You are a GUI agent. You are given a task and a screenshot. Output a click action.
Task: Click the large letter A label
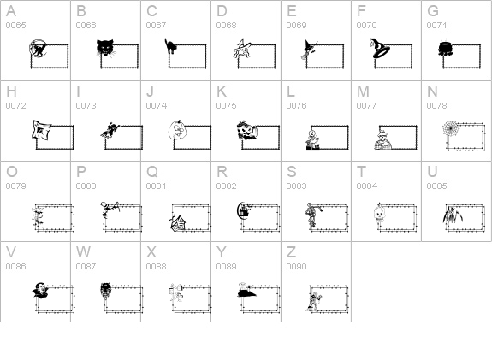(11, 11)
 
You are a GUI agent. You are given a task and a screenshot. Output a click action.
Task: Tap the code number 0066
(86, 26)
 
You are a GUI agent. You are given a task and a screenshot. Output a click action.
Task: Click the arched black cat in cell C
(170, 47)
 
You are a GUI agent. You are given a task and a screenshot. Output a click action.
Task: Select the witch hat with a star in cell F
(380, 49)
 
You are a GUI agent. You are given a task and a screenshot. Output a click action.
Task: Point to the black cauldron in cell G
(446, 50)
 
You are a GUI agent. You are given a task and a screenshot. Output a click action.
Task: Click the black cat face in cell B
(106, 49)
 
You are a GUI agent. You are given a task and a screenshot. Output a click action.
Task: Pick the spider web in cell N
(451, 128)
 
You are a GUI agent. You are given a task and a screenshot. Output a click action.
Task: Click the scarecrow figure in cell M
(383, 141)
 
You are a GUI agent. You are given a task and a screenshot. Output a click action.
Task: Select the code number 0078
(436, 106)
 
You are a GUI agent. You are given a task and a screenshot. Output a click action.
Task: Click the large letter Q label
(152, 172)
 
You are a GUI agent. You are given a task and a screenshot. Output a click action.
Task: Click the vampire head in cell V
(41, 290)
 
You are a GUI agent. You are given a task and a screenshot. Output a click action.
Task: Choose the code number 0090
(297, 267)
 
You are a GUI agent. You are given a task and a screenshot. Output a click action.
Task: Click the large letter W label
(83, 252)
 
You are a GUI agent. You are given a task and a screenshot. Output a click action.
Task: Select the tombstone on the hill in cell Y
(246, 290)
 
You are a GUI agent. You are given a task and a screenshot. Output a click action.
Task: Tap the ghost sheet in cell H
(41, 130)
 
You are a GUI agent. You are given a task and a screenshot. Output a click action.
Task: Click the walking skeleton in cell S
(311, 215)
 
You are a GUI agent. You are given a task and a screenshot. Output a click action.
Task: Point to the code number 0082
(226, 186)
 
